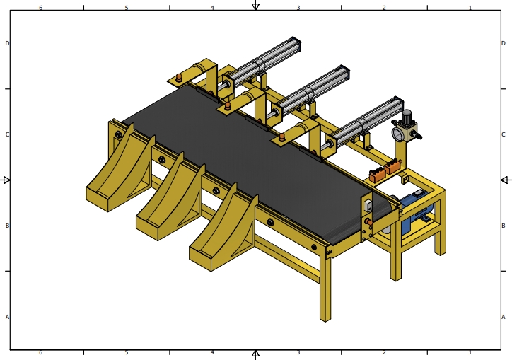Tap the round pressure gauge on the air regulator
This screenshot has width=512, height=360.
pyautogui.click(x=399, y=133)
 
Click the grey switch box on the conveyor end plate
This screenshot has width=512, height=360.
pyautogui.click(x=368, y=207)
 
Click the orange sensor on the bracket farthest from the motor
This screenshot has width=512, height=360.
pyautogui.click(x=178, y=76)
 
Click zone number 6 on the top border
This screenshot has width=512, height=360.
pyautogui.click(x=40, y=8)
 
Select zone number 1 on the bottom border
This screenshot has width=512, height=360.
pyautogui.click(x=470, y=352)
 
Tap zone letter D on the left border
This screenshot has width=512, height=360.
pyautogui.click(x=8, y=43)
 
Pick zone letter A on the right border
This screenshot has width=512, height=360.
pyautogui.click(x=504, y=317)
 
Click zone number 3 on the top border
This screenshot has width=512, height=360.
pyautogui.click(x=298, y=8)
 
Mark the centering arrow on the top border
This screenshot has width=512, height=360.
pyautogui.click(x=255, y=6)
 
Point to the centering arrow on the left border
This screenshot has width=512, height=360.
pyautogui.click(x=6, y=180)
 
